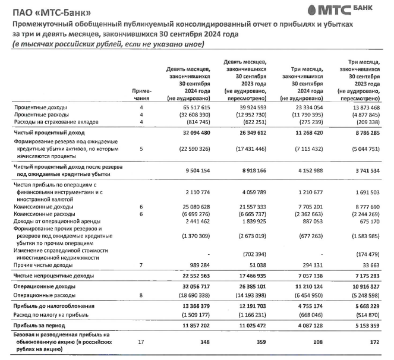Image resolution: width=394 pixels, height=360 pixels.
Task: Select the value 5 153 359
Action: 363,327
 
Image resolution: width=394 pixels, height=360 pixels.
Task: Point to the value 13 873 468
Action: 363,108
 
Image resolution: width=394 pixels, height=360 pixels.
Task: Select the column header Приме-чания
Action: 142,94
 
